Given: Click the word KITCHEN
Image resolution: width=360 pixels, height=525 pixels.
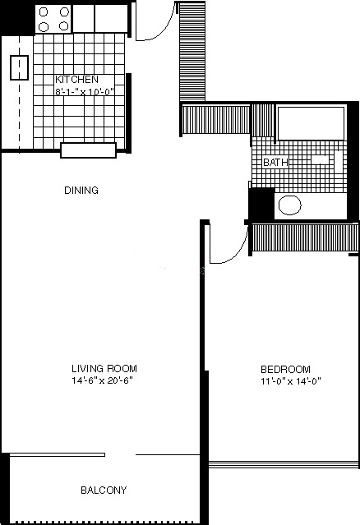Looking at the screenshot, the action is coord(76,80).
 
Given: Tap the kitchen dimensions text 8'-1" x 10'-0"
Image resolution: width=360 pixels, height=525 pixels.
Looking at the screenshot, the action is coord(85,91).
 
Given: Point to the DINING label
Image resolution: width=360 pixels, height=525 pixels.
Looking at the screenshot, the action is coord(81,190).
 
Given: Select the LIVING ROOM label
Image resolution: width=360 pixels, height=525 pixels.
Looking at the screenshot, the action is coord(104,369).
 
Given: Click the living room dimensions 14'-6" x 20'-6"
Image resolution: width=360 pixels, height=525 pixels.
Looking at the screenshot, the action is coord(102,380).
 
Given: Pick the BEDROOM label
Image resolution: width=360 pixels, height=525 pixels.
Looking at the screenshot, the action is coord(286,370).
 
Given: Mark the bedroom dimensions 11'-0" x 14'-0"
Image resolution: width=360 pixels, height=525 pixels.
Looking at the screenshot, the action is coord(291,381).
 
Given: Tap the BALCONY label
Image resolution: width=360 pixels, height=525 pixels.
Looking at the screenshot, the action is coord(104,490).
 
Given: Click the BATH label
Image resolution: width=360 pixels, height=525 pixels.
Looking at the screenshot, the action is coord(275,163).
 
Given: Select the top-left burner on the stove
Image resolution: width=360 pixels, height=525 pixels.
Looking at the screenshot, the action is coord(44,12).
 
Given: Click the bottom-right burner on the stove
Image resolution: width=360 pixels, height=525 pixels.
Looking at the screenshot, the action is coord(64,25).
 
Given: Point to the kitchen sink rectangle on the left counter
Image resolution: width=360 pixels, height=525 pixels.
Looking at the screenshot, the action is coord(19,67).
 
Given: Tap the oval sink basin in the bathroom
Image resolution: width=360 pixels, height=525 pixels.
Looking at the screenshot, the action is coord(289,205).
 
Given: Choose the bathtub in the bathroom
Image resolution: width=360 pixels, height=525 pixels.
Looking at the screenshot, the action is coord(312,123).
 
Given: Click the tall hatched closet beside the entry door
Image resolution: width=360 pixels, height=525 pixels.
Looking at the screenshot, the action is coord(192,52).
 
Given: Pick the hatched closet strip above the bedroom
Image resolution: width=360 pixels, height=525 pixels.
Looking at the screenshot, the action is coord(305,238).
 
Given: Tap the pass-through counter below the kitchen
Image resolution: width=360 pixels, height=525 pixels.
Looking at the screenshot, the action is coord(89,150).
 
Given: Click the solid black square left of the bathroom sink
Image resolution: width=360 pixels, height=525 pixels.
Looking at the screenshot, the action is coord(262,204).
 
